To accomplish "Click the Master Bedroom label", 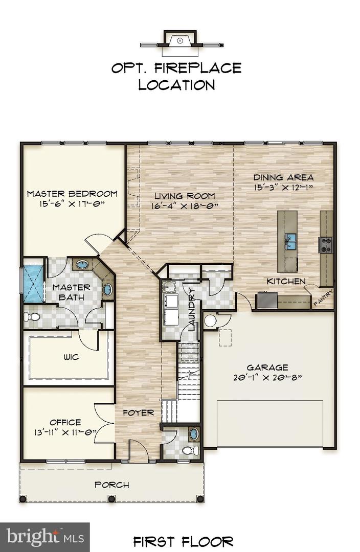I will [72, 194].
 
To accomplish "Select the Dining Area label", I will [283, 178].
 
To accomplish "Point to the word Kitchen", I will [286, 281].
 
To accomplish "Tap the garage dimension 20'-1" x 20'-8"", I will [267, 378].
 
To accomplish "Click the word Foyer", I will [138, 412].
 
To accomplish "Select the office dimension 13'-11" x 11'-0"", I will [65, 432].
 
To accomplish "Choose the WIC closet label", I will [72, 357].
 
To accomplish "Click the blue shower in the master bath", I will [34, 284].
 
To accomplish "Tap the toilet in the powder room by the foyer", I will [190, 450].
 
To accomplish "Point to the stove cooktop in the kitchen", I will [326, 245].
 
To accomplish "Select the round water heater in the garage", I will [210, 321].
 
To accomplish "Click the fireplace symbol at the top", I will [179, 40].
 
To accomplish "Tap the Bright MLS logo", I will [44, 537].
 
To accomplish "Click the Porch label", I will [112, 485].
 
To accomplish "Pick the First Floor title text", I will [184, 541].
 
